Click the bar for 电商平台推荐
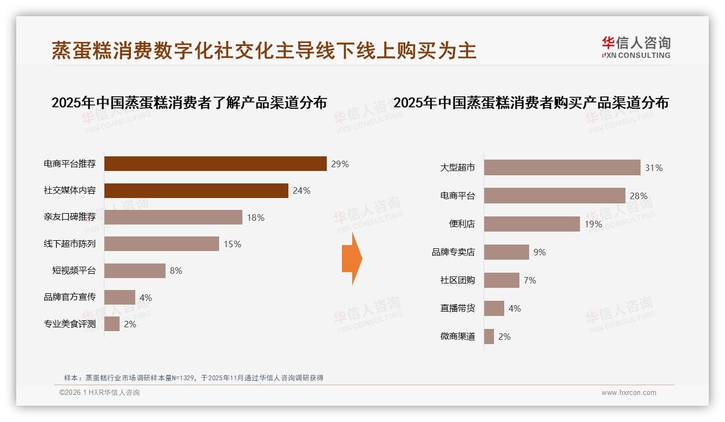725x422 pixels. coord(215,163)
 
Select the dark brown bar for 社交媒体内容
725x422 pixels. coord(196,190)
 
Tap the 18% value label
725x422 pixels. coord(255,217)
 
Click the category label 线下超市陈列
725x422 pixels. coord(70,244)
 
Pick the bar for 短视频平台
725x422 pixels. coord(135,271)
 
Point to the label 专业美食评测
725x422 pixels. coord(70,325)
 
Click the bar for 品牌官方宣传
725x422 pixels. coord(120,298)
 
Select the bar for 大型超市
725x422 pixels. coord(562,168)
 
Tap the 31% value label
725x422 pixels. coord(654,168)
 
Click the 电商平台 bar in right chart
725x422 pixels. coord(555,196)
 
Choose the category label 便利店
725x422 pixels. coord(462,224)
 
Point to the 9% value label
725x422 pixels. coord(539,252)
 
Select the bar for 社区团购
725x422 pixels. coord(502,280)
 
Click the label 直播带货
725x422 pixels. coord(458,308)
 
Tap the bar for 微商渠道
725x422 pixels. coord(489,337)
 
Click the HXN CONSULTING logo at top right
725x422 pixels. coord(636,48)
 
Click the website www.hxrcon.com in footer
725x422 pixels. coord(629,393)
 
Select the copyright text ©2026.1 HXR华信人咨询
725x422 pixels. coord(100,393)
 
